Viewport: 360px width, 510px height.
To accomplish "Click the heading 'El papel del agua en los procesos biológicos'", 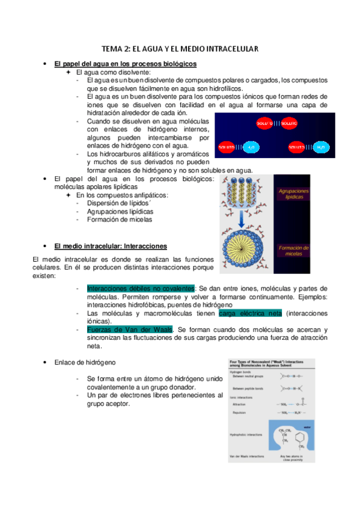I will tap(125, 64).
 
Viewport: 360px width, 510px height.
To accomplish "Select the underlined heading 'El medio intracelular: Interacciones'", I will tap(111, 247).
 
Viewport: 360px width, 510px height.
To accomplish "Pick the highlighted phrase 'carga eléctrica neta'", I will tap(251, 313).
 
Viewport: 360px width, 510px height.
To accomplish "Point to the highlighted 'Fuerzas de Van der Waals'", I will tap(130, 329).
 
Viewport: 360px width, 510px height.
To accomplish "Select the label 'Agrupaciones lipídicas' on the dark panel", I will tap(294, 194).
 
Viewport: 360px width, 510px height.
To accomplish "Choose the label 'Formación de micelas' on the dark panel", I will tap(294, 250).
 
